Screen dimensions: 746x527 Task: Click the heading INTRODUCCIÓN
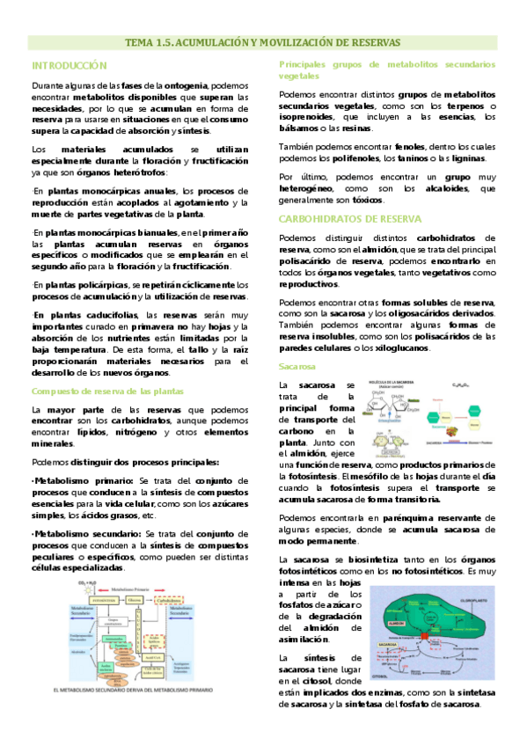pyautogui.click(x=69, y=66)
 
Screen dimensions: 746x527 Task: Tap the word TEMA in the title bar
pyautogui.click(x=138, y=42)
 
